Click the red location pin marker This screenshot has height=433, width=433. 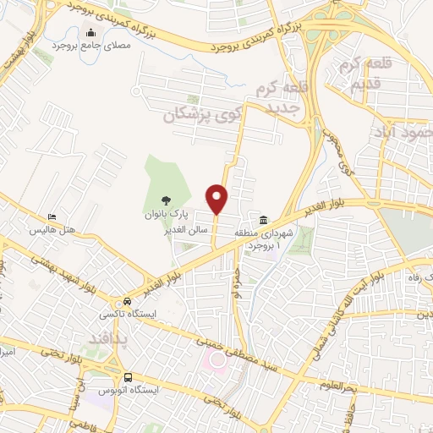pyautogui.click(x=217, y=199)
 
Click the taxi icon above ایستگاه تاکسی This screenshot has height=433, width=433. pyautogui.click(x=128, y=301)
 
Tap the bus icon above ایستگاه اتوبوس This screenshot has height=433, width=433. pyautogui.click(x=128, y=377)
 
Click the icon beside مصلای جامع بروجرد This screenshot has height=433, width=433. pyautogui.click(x=90, y=34)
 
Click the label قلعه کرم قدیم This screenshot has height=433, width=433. pyautogui.click(x=361, y=74)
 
